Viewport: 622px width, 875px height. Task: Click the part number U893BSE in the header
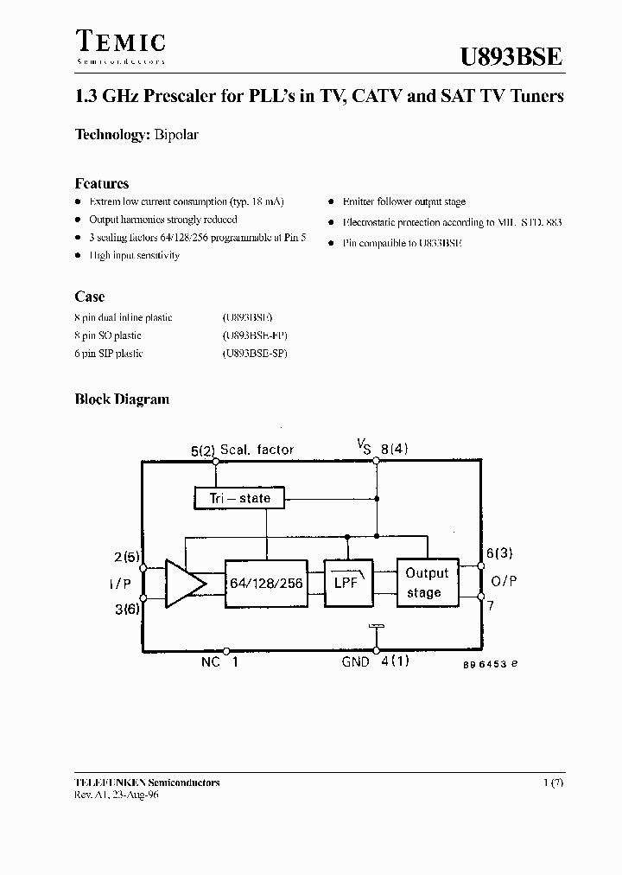[510, 56]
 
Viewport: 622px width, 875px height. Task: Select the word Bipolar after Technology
[177, 135]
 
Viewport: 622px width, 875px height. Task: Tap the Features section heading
[102, 183]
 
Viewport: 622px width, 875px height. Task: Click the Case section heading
[89, 297]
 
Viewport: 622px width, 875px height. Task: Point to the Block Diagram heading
[122, 399]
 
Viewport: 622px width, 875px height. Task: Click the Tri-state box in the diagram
[239, 498]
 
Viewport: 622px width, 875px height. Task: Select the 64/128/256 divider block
[265, 584]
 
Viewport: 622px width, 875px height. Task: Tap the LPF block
[347, 584]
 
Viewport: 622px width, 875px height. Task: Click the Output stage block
[427, 583]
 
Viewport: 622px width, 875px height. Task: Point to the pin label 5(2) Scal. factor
[242, 450]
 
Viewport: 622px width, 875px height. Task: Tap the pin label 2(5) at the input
[125, 557]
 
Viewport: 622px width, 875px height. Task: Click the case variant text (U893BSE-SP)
[255, 354]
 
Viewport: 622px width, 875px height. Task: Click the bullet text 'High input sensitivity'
[134, 256]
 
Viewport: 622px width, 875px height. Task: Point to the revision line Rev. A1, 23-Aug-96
[117, 795]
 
